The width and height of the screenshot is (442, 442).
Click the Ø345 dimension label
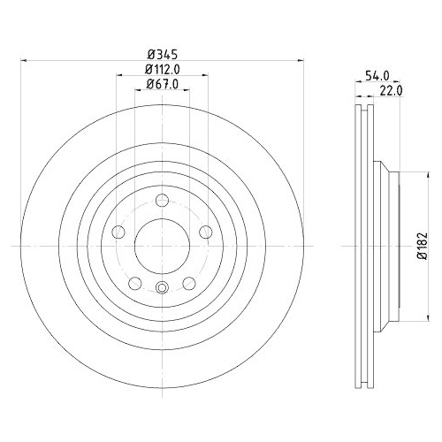[x=163, y=54]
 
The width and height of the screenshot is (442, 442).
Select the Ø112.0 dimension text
[x=163, y=70]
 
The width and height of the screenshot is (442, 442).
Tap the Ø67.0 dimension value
[x=163, y=85]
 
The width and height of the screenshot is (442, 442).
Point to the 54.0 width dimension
[x=377, y=76]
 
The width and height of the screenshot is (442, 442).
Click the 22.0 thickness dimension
[x=391, y=91]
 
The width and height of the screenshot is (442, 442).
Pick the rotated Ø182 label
[x=422, y=246]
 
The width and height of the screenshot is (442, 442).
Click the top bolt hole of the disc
[x=162, y=201]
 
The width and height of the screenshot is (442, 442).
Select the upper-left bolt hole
[x=118, y=232]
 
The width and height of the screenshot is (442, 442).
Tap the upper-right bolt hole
[x=206, y=232]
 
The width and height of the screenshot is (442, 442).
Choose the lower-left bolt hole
[x=135, y=283]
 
